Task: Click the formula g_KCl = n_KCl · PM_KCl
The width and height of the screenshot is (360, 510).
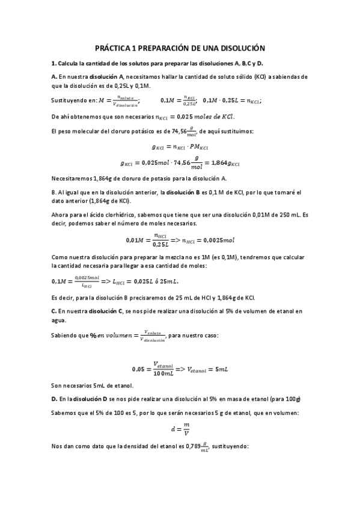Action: (180, 146)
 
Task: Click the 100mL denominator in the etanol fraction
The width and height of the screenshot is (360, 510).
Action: (162, 374)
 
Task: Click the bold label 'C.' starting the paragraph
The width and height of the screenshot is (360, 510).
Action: (54, 311)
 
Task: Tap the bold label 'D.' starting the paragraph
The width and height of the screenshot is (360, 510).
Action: (54, 399)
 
